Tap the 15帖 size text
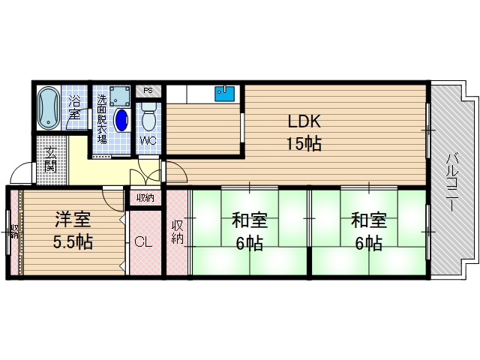[303, 144]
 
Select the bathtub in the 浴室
[48, 106]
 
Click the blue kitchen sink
[225, 94]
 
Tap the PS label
[148, 91]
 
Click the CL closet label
[144, 243]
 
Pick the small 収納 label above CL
[145, 198]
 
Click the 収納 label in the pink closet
[177, 232]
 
